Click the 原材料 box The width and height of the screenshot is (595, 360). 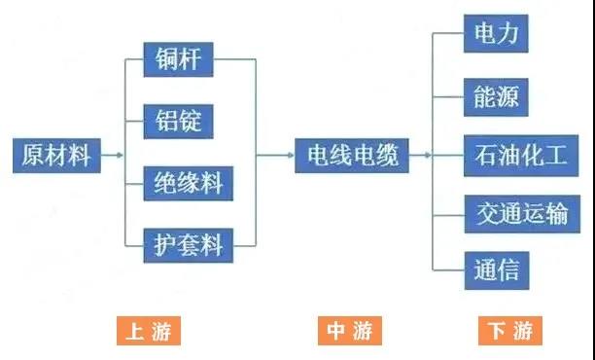(x=56, y=156)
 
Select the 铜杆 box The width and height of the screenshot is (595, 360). (x=178, y=59)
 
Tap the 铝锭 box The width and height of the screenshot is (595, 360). (x=178, y=122)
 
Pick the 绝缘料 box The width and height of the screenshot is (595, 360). (x=188, y=183)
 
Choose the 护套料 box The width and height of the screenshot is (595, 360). (x=188, y=244)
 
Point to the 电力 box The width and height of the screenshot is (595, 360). (x=496, y=35)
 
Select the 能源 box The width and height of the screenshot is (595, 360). (x=496, y=95)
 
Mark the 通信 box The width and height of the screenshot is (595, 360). (x=496, y=270)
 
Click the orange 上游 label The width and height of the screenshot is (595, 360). (x=149, y=331)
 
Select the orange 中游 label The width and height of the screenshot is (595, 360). (x=349, y=331)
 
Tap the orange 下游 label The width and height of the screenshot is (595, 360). (x=510, y=331)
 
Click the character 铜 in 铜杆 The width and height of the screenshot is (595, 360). (x=166, y=59)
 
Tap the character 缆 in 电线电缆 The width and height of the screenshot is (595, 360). (x=387, y=156)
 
